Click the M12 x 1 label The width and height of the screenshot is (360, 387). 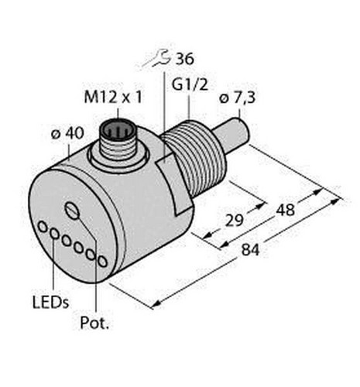(113, 98)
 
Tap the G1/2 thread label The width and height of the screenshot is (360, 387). (190, 84)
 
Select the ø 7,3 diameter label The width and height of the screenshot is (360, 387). (238, 98)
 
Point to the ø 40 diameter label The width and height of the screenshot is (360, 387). (67, 134)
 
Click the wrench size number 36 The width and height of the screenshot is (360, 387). (184, 59)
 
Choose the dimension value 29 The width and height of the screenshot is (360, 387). (235, 220)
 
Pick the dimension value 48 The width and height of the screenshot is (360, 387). (285, 210)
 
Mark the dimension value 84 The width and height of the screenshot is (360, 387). (250, 249)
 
